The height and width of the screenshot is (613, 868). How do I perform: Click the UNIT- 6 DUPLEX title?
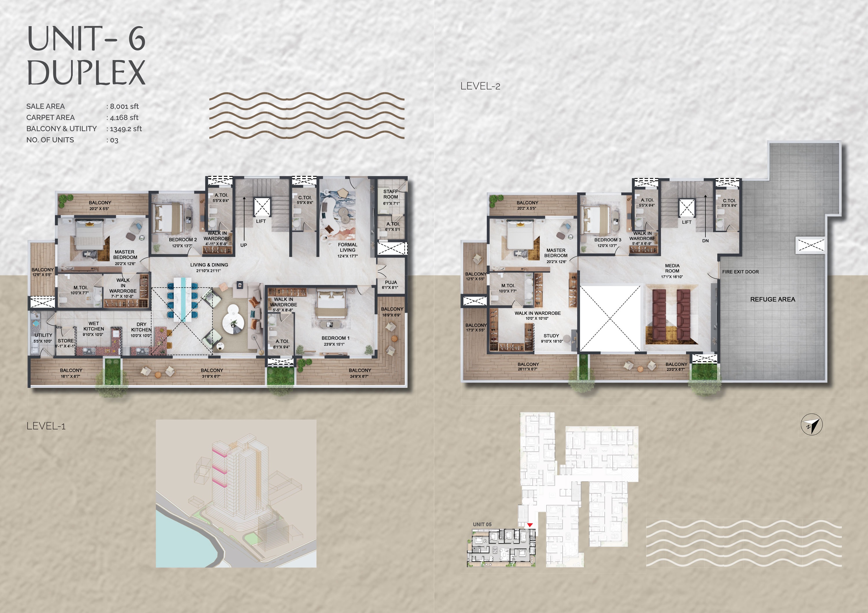[x=86, y=55]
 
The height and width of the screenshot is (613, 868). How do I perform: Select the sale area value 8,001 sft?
[x=124, y=107]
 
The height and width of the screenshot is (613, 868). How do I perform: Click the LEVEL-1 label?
[x=46, y=426]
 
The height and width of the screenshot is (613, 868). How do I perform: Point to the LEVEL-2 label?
[x=480, y=86]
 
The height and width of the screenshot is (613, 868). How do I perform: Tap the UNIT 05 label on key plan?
[x=482, y=524]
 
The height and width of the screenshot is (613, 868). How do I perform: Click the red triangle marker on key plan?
[x=530, y=525]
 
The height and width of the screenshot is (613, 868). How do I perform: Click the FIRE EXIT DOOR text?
[x=740, y=272]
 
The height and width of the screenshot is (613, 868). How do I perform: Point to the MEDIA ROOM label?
[x=672, y=268]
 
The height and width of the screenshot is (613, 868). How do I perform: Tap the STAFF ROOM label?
[x=391, y=194]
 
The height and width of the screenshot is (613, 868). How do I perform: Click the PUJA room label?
[x=391, y=282]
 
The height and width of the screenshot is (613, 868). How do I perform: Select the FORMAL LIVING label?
[x=347, y=247]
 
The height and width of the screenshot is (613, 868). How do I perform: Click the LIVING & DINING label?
[x=209, y=265]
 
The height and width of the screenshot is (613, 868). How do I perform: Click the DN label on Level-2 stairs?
[x=705, y=240]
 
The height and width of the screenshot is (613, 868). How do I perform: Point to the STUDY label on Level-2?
[x=551, y=335]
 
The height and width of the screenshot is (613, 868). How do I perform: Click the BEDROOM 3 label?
[x=608, y=240]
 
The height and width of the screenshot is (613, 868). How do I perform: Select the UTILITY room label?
[x=43, y=335]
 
